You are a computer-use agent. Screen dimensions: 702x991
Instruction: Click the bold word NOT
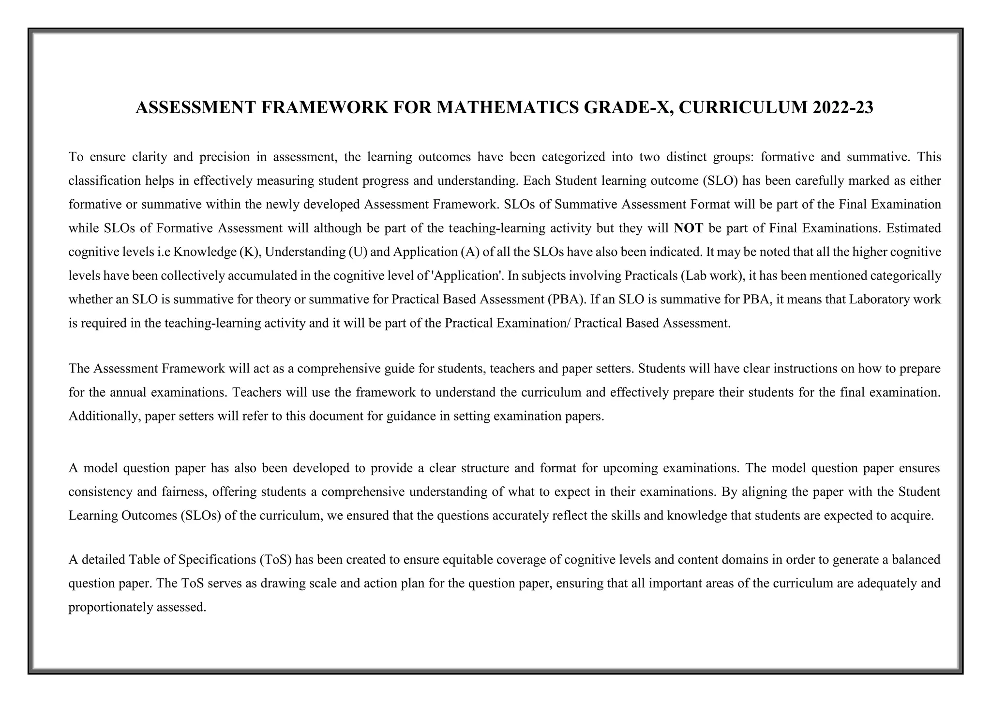pos(688,228)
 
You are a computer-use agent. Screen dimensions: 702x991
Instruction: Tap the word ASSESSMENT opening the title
pos(195,107)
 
